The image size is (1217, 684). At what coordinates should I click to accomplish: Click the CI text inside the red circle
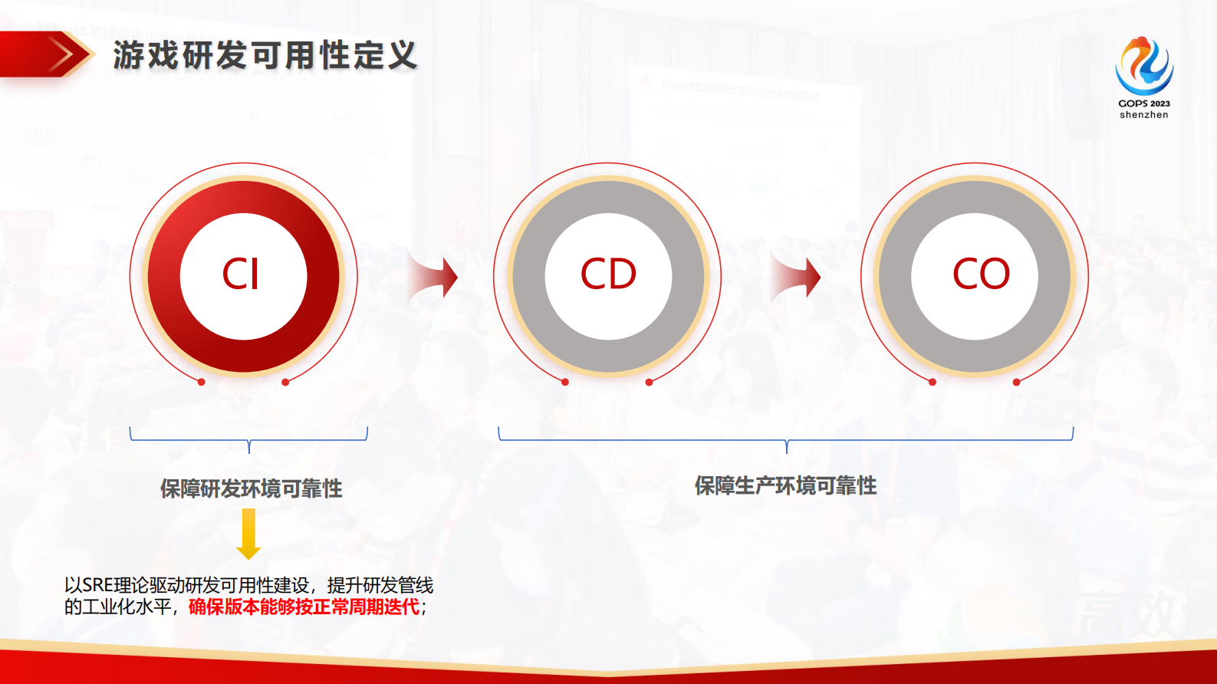click(x=241, y=274)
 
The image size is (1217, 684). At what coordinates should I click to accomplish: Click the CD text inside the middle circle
click(x=608, y=274)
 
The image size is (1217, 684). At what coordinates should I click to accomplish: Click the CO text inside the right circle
click(x=981, y=274)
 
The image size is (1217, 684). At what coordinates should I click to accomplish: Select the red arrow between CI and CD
click(x=434, y=277)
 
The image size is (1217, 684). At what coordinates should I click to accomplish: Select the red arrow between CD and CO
click(x=797, y=277)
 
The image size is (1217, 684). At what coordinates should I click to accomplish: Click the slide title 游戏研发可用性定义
click(x=265, y=56)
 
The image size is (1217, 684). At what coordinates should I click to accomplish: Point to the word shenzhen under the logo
click(x=1143, y=115)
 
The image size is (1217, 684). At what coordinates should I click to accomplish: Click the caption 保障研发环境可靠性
click(x=251, y=488)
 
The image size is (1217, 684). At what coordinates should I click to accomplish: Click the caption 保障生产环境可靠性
click(x=785, y=485)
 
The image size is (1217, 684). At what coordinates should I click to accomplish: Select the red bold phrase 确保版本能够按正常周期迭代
click(x=304, y=607)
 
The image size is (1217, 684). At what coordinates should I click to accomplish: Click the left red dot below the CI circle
click(x=202, y=382)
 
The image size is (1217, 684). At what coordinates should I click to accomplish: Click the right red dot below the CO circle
click(x=1016, y=382)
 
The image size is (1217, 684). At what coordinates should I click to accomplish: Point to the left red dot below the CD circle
click(x=565, y=382)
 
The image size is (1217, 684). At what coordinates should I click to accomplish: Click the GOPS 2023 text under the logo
click(x=1143, y=104)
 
